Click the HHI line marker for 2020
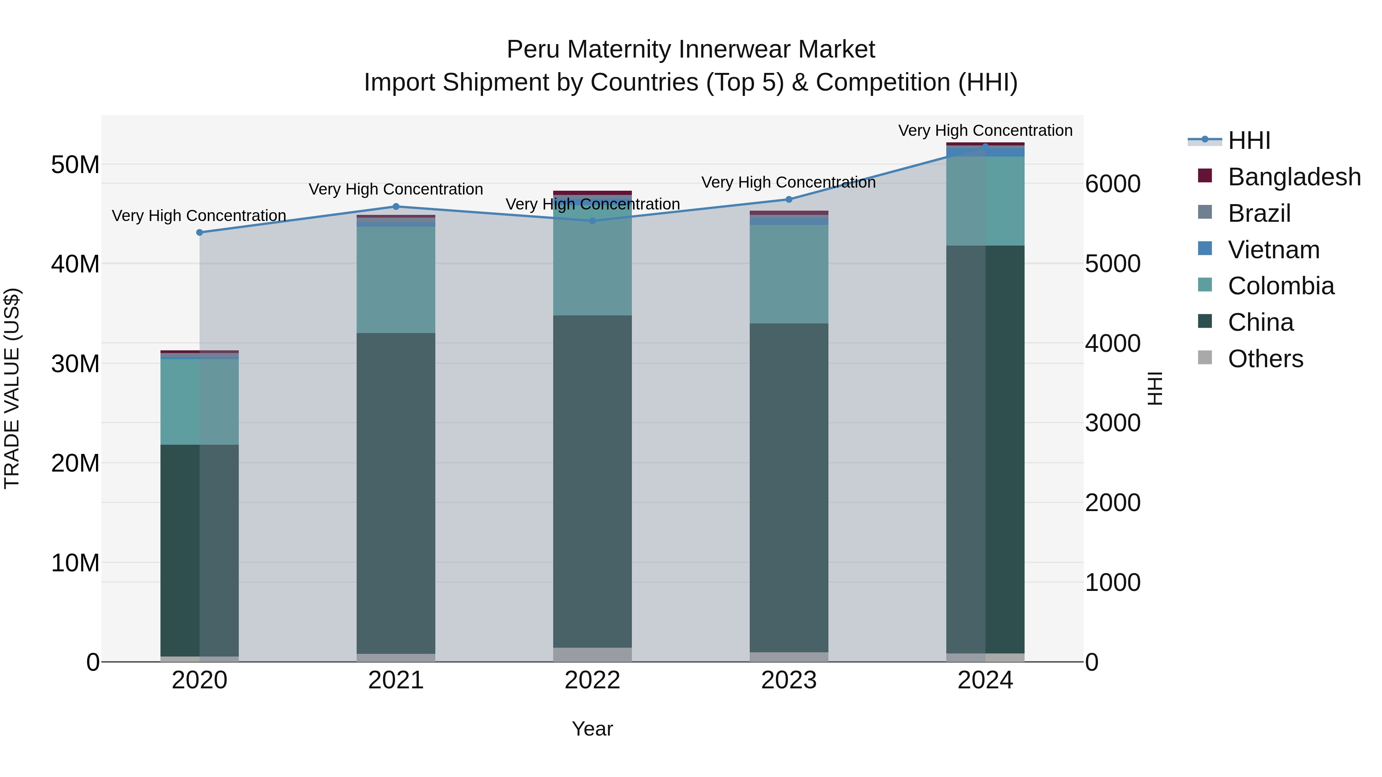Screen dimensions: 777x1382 click(x=200, y=232)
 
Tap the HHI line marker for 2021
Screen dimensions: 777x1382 click(x=396, y=206)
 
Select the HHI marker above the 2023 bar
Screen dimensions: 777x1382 click(x=789, y=200)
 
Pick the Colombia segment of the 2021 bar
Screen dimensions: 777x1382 click(x=396, y=279)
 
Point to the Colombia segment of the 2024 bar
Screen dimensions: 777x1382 click(x=985, y=201)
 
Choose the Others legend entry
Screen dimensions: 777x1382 click(x=1265, y=359)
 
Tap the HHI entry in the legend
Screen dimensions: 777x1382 click(x=1248, y=140)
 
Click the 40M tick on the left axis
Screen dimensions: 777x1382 click(x=75, y=264)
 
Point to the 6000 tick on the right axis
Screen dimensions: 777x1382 click(x=1113, y=184)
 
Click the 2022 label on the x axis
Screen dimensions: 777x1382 click(x=592, y=680)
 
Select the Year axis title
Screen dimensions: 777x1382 click(x=592, y=729)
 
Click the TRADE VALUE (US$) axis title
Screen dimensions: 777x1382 click(x=12, y=388)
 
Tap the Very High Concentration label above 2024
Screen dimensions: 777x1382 click(x=985, y=130)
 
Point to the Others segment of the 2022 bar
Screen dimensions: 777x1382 click(x=592, y=654)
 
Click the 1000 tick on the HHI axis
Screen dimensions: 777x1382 click(x=1113, y=582)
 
